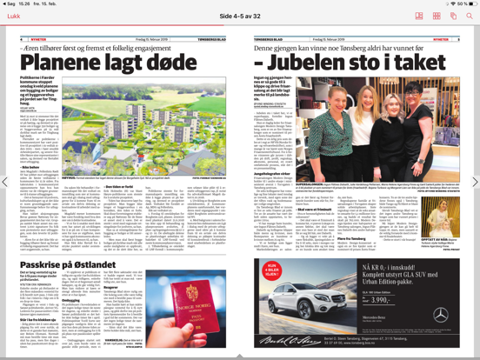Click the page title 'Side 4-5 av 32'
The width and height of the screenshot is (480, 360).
[x=240, y=17]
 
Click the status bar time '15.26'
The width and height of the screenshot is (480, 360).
[x=20, y=3]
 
